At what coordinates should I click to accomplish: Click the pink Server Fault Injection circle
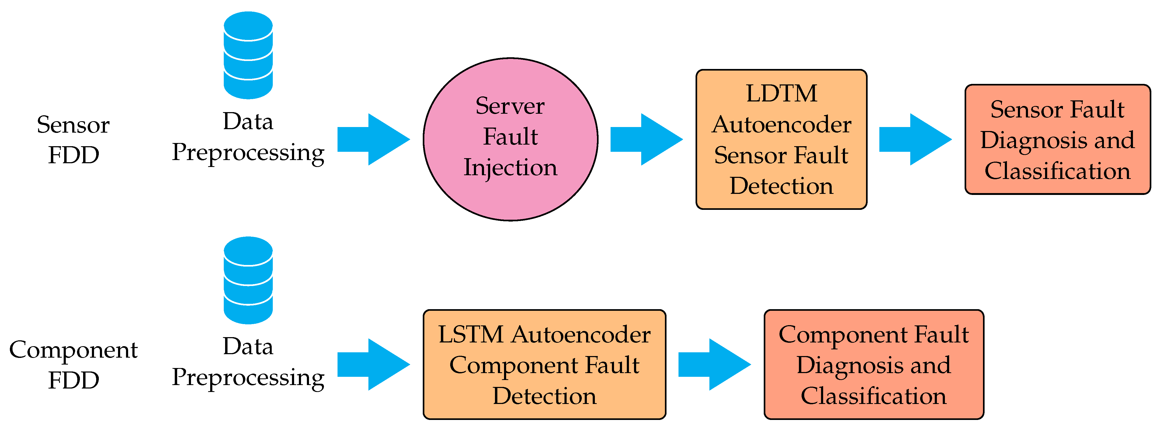tap(510, 139)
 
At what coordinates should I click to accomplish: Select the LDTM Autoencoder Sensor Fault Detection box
tap(781, 139)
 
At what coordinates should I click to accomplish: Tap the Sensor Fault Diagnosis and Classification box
tap(1057, 139)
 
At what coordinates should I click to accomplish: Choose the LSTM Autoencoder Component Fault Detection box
tap(545, 364)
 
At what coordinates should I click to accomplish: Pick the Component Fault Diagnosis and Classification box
tap(874, 364)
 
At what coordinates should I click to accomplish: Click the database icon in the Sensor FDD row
tap(248, 55)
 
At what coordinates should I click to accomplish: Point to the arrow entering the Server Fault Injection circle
tap(373, 139)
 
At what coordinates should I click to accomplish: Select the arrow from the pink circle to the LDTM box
tap(646, 139)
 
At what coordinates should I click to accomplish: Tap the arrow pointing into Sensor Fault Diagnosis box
tap(915, 139)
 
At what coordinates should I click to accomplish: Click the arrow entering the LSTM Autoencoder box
tap(373, 364)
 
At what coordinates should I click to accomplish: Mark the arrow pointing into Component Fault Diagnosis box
tap(714, 364)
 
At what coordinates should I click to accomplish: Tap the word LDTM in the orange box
tap(781, 93)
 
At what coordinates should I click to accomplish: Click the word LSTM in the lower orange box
tap(471, 335)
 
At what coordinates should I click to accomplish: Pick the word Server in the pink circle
tap(510, 106)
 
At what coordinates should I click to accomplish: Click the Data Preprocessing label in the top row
tap(248, 137)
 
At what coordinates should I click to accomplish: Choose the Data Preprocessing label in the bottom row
tap(248, 362)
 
